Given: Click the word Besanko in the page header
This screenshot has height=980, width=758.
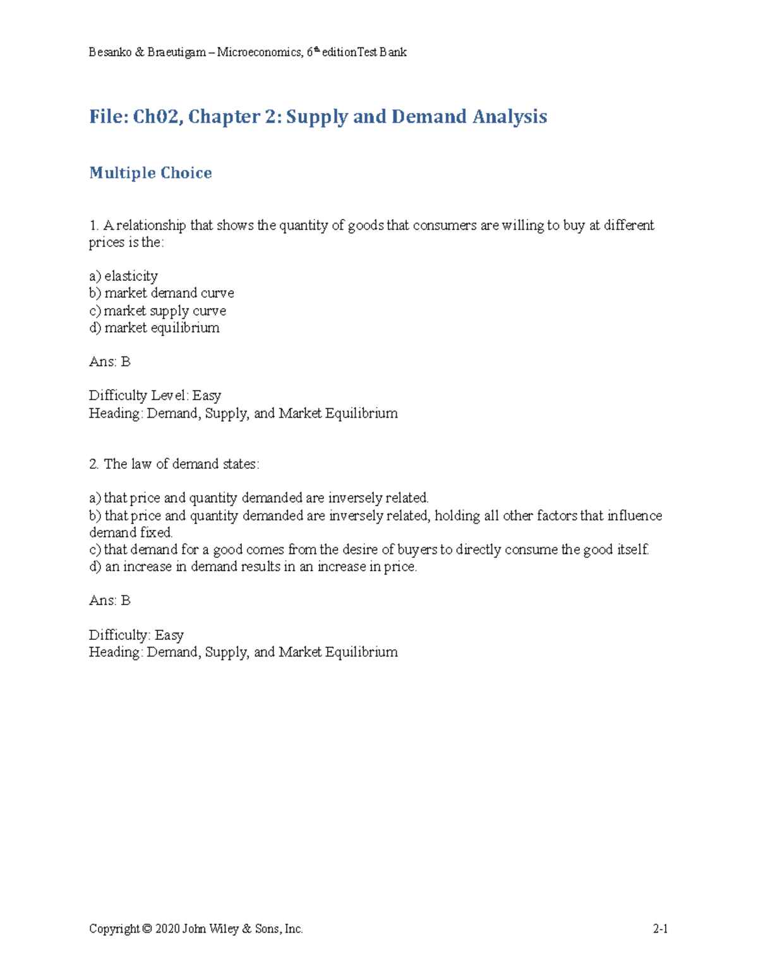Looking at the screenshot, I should click(x=110, y=52).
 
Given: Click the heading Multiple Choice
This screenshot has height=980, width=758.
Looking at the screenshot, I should click(x=150, y=173).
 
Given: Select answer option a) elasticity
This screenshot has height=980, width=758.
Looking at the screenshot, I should click(x=123, y=276).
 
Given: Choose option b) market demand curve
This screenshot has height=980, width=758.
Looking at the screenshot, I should click(x=161, y=293).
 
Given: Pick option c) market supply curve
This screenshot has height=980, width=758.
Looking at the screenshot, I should click(x=157, y=310).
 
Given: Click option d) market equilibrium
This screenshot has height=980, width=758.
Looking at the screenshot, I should click(x=154, y=328).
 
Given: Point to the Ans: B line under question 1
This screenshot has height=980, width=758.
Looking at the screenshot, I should click(x=109, y=362).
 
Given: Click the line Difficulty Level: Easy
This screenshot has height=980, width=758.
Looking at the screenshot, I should click(x=155, y=396).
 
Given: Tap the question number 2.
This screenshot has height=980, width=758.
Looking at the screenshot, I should click(x=93, y=464).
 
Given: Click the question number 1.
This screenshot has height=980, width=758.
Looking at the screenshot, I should click(x=93, y=225).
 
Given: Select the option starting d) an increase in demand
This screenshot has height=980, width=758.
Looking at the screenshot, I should click(x=253, y=567).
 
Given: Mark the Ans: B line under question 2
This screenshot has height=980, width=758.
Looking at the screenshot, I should click(x=109, y=601).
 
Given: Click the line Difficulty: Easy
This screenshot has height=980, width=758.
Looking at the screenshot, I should click(x=136, y=635).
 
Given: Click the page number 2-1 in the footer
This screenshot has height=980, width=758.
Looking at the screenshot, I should click(x=660, y=929).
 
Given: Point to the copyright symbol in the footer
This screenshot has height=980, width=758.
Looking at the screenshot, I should click(x=147, y=929).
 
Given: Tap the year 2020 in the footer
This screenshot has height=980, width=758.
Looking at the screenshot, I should click(x=167, y=929).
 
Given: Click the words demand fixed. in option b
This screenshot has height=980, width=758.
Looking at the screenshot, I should click(x=130, y=533).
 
